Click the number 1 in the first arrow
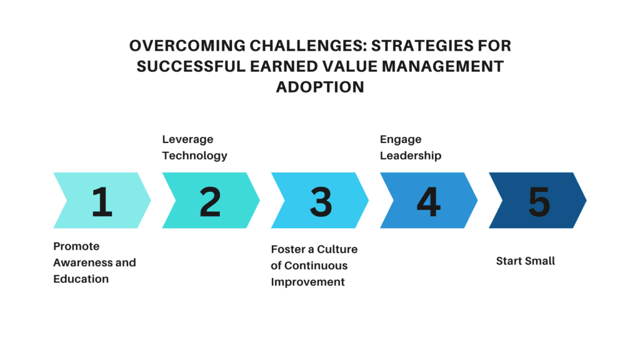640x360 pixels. coord(102,201)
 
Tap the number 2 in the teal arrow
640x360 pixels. coord(210,201)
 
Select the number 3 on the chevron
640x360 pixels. coord(321,202)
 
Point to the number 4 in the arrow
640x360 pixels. coord(429,201)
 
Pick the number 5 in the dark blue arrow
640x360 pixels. coord(539,202)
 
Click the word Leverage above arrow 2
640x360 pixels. coord(187,139)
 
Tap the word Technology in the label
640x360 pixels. coord(195,156)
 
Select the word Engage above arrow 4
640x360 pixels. coord(401,139)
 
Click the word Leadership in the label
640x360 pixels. coord(411,156)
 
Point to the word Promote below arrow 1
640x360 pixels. coord(76,246)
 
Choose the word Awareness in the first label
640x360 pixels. coord(83,262)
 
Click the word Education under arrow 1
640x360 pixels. coord(81,279)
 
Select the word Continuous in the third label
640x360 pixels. coord(316,265)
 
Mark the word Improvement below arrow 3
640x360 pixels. coord(307,282)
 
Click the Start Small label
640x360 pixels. coord(525,261)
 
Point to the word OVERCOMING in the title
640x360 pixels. coord(187,46)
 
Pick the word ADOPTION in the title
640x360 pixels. coord(320,87)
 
